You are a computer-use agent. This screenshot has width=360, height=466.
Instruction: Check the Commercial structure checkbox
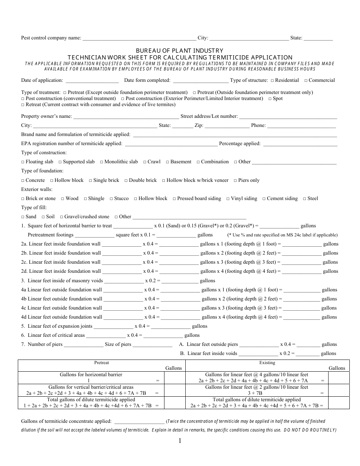click(x=306, y=80)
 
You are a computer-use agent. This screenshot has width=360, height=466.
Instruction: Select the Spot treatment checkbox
click(x=270, y=99)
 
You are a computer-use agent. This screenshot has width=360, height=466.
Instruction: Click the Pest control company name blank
click(x=139, y=38)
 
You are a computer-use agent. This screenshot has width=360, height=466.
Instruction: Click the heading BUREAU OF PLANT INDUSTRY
click(x=180, y=50)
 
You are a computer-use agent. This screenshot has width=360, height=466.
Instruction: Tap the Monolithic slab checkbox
click(x=102, y=162)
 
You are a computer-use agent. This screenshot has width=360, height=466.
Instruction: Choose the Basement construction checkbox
click(x=167, y=162)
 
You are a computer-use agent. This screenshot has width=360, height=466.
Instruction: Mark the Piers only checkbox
click(x=235, y=180)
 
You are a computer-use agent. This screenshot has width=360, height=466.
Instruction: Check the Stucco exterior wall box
click(x=111, y=199)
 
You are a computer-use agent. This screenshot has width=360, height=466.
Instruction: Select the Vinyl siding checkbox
click(x=228, y=199)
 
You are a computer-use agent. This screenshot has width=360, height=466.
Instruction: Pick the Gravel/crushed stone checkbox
click(x=62, y=217)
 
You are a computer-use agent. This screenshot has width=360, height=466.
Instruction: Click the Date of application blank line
click(x=92, y=81)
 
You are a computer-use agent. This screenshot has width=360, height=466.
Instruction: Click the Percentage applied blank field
click(x=300, y=144)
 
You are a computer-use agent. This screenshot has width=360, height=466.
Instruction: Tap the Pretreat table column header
click(x=102, y=363)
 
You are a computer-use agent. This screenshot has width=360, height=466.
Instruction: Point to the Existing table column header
click(x=267, y=363)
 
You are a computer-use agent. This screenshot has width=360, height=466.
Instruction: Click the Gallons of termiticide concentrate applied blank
click(x=139, y=421)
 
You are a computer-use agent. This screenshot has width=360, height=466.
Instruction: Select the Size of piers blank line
click(x=152, y=345)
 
